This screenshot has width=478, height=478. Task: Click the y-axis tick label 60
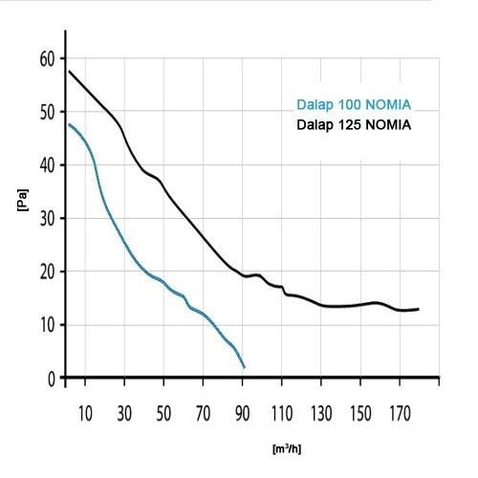tap(48, 59)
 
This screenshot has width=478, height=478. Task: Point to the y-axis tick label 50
tap(48, 113)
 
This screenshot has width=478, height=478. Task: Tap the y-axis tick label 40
tap(48, 166)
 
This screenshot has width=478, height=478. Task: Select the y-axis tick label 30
tap(48, 219)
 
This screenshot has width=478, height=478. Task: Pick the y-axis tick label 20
tap(48, 272)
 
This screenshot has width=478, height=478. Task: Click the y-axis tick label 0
tap(52, 380)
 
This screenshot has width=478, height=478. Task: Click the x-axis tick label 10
tap(85, 414)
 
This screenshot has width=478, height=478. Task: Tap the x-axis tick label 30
tap(124, 414)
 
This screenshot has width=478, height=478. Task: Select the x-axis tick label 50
tap(163, 414)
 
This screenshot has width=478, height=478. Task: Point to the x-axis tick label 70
tap(203, 414)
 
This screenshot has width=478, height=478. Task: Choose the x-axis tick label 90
tap(242, 414)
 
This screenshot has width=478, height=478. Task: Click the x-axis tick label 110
tap(282, 414)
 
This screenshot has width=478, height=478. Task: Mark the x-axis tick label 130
tap(321, 414)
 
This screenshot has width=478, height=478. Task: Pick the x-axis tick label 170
tap(400, 414)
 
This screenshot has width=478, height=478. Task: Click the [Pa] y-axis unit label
tap(23, 200)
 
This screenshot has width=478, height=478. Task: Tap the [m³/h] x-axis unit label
tap(287, 449)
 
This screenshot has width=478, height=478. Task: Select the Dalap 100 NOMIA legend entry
tap(354, 104)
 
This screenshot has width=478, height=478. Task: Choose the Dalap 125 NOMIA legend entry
tap(354, 124)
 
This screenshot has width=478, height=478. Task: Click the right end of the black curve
tap(419, 309)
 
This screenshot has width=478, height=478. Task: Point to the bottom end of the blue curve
tap(244, 367)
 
